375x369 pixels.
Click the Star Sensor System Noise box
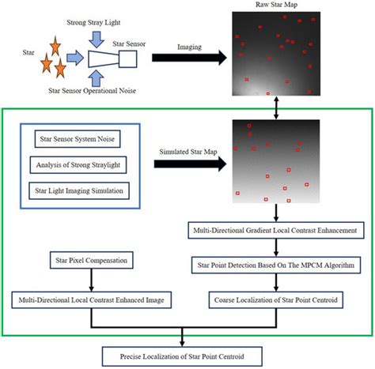tap(77, 142)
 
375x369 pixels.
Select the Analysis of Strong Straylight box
tap(77, 166)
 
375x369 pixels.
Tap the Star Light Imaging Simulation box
tap(77, 190)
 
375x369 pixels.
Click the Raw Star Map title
tap(274, 6)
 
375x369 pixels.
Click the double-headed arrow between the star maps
tap(274, 106)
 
